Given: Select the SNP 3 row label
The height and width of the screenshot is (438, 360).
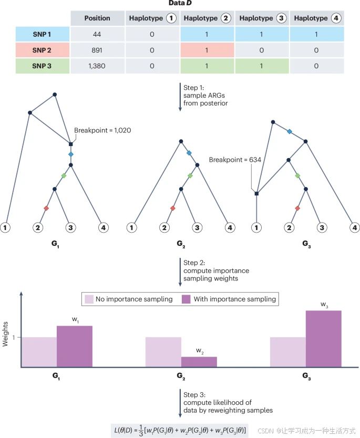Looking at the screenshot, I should [x=43, y=66].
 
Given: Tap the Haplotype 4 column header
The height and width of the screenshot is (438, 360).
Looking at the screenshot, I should [x=316, y=18].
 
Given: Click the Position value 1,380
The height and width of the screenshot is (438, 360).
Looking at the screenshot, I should [x=97, y=66].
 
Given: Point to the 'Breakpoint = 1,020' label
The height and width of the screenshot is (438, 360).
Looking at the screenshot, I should [x=102, y=130].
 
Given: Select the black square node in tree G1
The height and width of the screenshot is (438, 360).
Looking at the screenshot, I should [x=70, y=144].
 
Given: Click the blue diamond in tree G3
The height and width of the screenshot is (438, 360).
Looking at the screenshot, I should [x=290, y=131].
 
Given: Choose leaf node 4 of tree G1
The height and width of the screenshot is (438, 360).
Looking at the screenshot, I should [x=104, y=227].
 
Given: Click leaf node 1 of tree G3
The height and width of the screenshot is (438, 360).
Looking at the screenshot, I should [x=256, y=227].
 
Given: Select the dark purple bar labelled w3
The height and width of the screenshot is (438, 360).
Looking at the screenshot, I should [x=323, y=338].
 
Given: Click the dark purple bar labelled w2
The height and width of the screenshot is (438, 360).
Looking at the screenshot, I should [x=199, y=361].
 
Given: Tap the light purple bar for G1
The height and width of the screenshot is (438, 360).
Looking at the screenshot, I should [x=39, y=351].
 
